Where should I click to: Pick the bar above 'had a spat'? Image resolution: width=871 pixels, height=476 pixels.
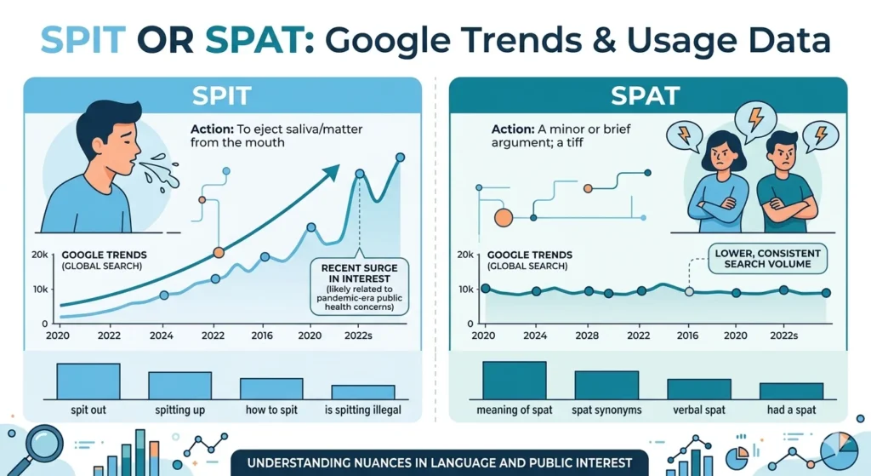click(x=791, y=391)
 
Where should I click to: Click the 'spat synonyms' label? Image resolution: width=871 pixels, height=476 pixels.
click(x=606, y=410)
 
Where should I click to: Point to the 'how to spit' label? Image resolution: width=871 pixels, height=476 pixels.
click(x=272, y=410)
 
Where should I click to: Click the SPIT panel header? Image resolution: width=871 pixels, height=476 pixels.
click(x=223, y=94)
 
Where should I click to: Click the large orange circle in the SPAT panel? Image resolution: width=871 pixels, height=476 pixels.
click(x=503, y=217)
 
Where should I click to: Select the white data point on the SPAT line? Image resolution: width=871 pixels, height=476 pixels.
click(x=689, y=291)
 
